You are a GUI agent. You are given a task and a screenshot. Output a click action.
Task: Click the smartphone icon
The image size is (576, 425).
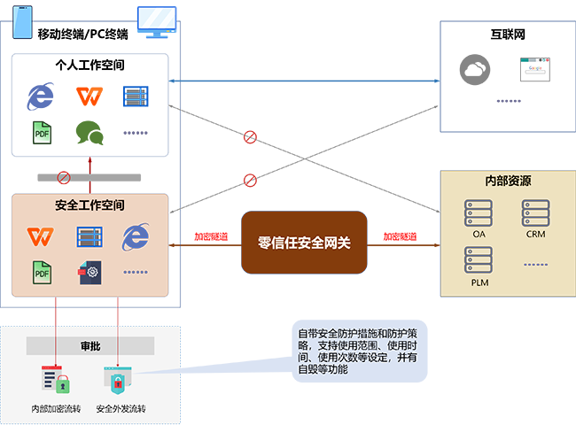(20, 21)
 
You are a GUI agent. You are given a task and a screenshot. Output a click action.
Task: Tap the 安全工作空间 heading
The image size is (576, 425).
(90, 205)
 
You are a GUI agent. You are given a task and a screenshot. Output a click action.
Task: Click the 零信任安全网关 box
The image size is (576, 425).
(304, 242)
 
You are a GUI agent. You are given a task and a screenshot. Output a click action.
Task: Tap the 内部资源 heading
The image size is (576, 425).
(508, 181)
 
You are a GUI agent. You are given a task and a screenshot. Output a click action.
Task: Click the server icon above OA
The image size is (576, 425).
(479, 213)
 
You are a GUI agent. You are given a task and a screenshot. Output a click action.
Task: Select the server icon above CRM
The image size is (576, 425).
(535, 213)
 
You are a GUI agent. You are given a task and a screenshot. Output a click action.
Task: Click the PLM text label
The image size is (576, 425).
(479, 282)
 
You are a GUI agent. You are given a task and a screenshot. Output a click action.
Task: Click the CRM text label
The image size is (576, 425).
(535, 235)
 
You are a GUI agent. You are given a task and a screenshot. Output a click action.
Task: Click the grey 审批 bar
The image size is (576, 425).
(90, 345)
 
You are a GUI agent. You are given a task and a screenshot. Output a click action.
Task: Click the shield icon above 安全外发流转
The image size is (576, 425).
(119, 381)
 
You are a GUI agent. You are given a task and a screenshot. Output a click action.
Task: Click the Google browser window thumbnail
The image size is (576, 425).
(534, 70)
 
